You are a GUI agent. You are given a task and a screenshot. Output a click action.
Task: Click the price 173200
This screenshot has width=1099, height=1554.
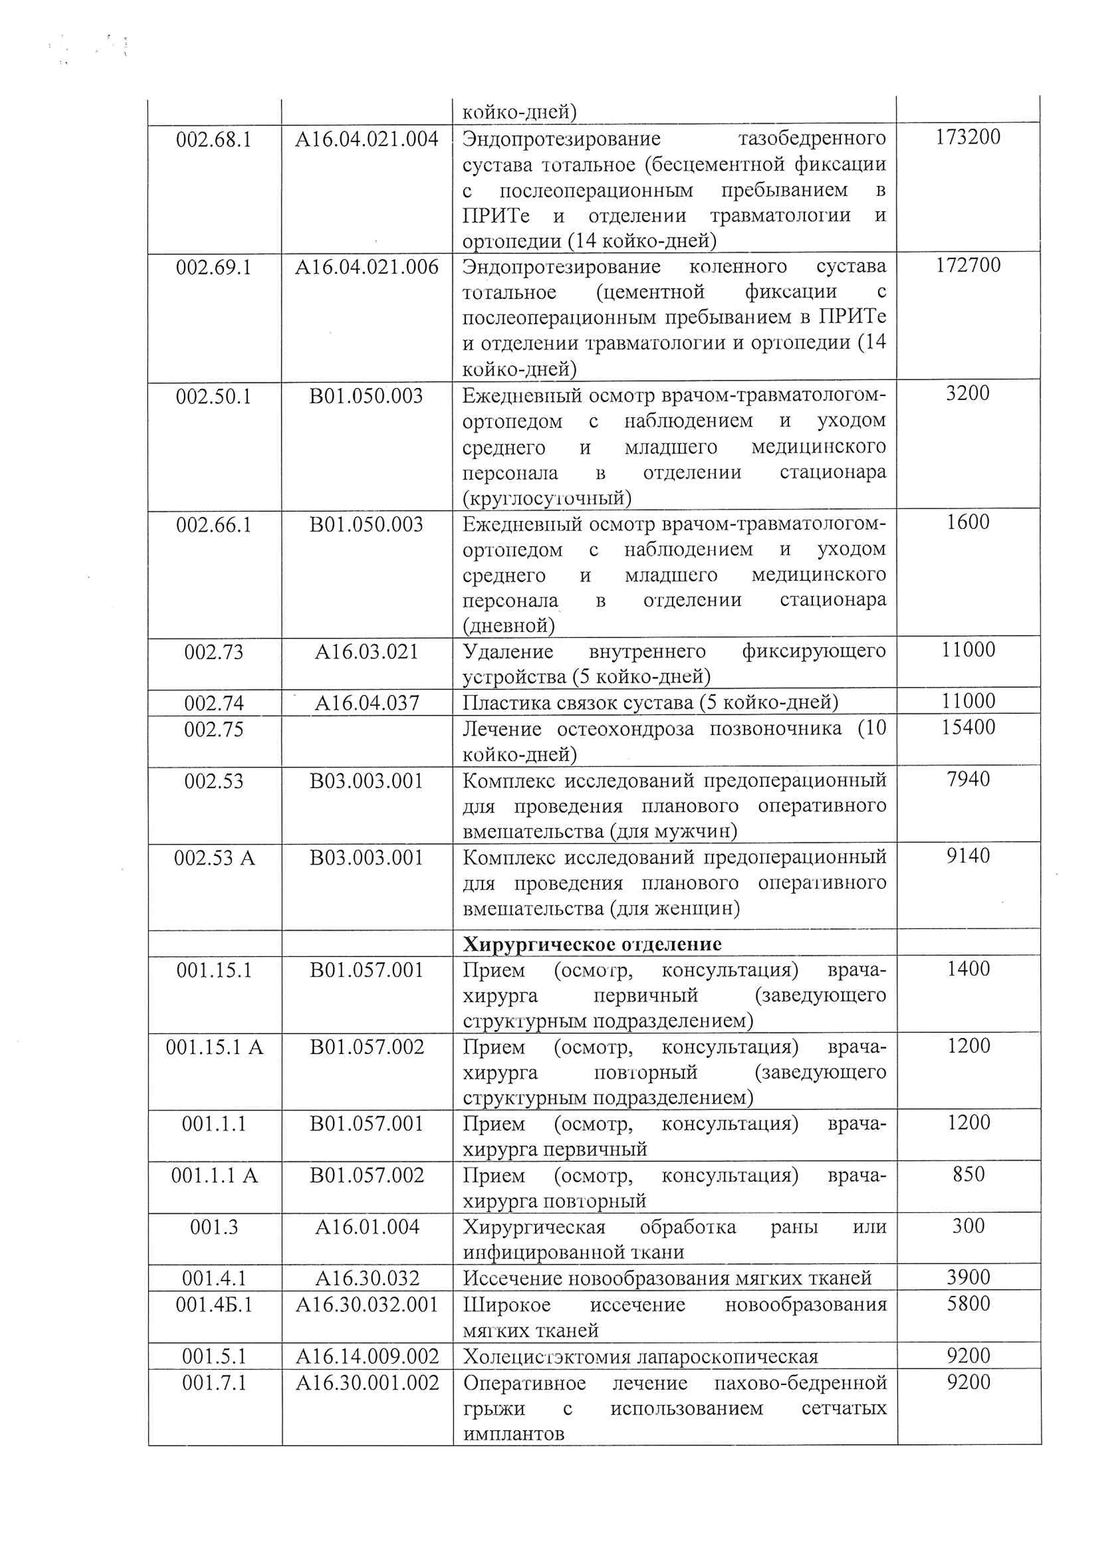(x=968, y=137)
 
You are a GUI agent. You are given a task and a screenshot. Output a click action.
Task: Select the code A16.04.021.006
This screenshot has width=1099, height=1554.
(x=367, y=267)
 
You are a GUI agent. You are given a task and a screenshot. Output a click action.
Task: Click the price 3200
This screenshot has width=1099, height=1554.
(x=968, y=393)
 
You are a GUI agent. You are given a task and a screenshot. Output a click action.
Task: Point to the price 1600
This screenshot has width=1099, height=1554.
(x=968, y=522)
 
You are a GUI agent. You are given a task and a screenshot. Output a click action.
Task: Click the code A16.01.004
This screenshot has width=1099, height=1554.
(x=367, y=1226)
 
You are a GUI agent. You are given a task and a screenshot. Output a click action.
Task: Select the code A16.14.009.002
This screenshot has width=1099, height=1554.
(x=367, y=1356)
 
